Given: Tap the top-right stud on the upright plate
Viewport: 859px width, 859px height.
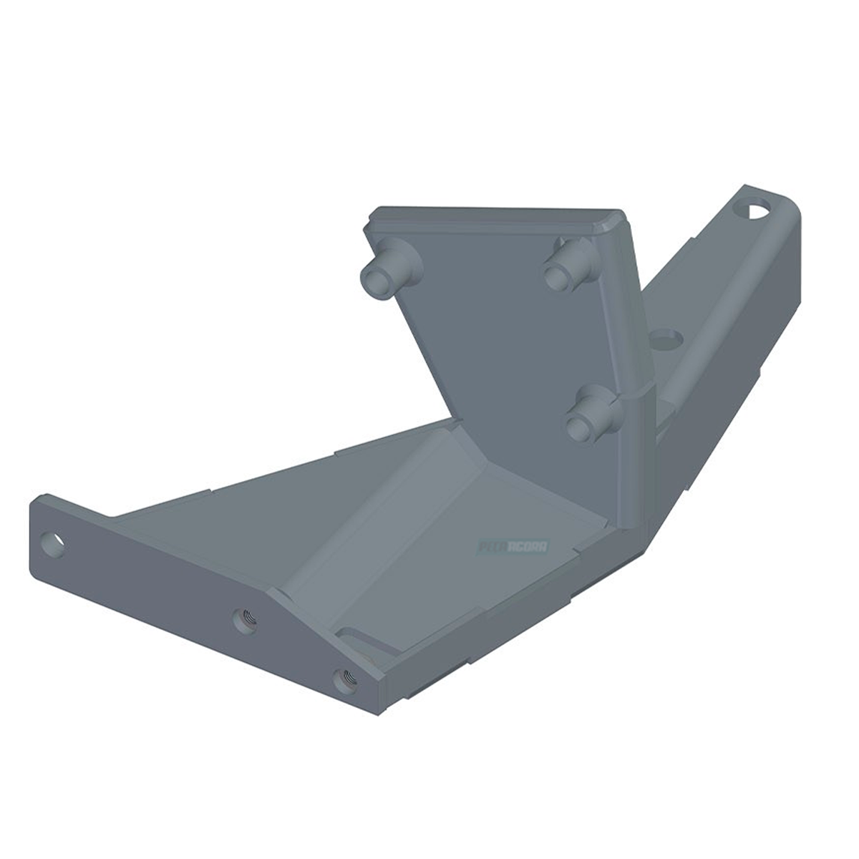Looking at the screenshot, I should (563, 268).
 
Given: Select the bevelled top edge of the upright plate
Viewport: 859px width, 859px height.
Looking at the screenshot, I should (494, 213).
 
